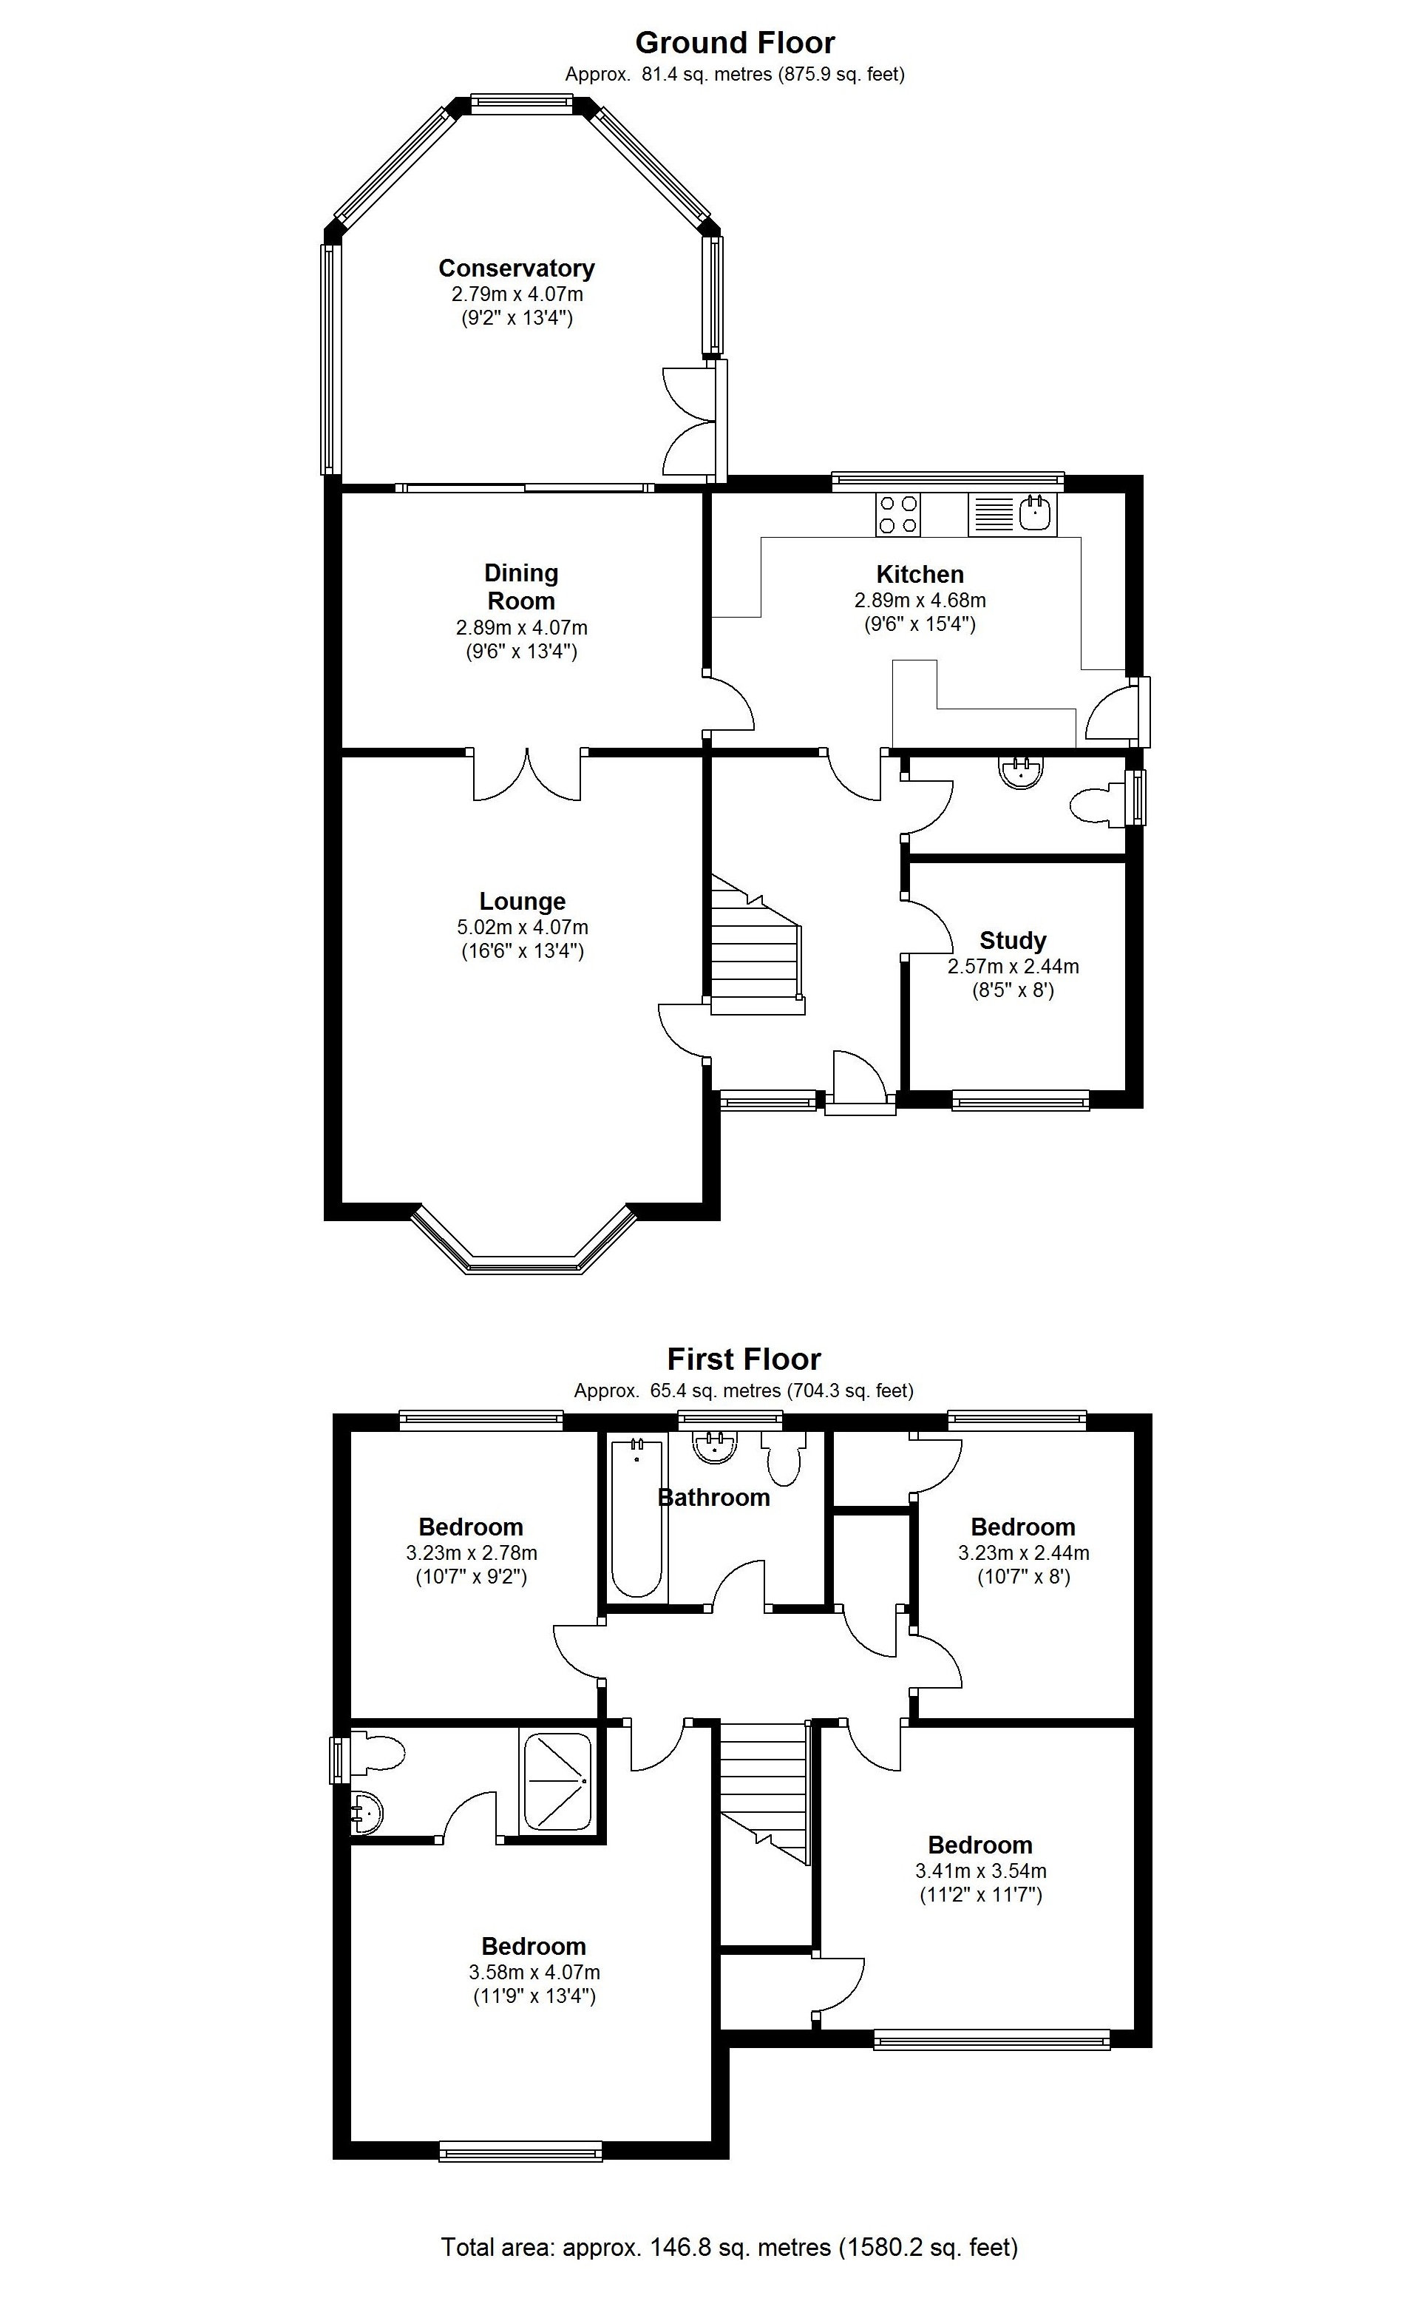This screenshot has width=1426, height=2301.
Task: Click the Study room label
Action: click(1012, 941)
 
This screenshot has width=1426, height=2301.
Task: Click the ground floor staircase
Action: click(756, 948)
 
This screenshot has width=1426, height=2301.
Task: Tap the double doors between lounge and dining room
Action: click(526, 775)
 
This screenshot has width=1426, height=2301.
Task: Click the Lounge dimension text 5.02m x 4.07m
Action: click(522, 928)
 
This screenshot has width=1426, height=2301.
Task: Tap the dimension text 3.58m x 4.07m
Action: click(534, 1972)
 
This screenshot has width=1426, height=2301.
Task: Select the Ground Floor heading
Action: click(735, 42)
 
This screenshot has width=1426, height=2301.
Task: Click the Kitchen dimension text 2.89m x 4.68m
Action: click(920, 600)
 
